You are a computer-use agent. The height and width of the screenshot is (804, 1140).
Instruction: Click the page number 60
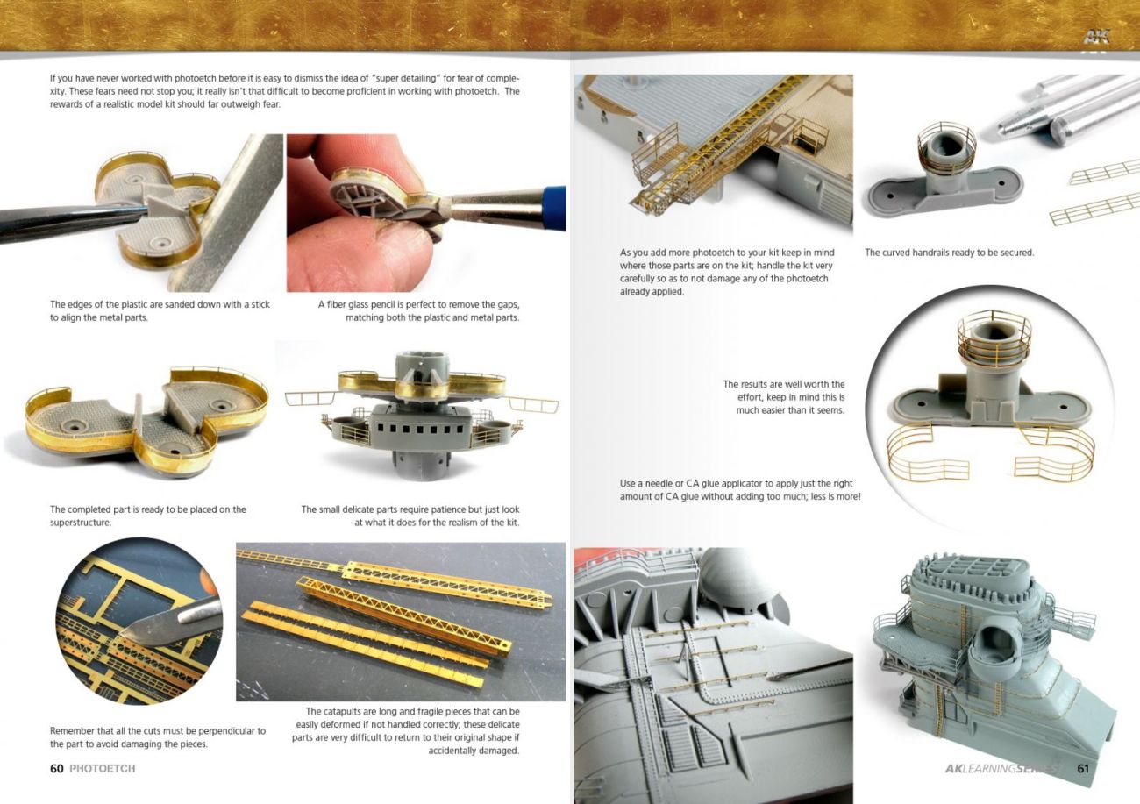pyautogui.click(x=56, y=768)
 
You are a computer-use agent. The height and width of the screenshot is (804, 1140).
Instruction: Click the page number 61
pyautogui.click(x=1083, y=768)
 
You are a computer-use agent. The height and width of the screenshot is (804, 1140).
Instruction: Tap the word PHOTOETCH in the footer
pyautogui.click(x=103, y=768)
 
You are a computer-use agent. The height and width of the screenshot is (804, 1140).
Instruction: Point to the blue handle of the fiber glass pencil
pyautogui.click(x=554, y=209)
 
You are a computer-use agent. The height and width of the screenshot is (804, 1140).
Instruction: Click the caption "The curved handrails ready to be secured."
pyautogui.click(x=949, y=253)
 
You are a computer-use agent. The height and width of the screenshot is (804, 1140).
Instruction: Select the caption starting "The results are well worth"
pyautogui.click(x=784, y=397)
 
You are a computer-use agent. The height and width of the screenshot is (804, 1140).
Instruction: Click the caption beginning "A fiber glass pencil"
pyautogui.click(x=418, y=311)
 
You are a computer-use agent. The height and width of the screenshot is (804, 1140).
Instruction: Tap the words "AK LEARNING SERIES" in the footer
pyautogui.click(x=1002, y=768)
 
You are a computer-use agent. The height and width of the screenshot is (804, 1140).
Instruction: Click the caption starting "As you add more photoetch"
pyautogui.click(x=727, y=272)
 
